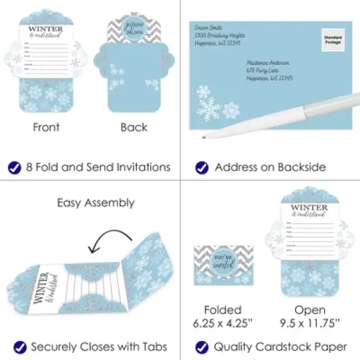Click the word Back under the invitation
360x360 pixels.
(x=134, y=127)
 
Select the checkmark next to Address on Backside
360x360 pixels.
(x=201, y=168)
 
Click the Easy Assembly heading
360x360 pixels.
(x=96, y=202)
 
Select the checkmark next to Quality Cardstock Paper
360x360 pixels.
(x=201, y=347)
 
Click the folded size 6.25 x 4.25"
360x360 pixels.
(x=223, y=323)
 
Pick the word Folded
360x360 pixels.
(x=223, y=310)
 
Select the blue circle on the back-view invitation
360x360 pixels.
(x=134, y=33)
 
